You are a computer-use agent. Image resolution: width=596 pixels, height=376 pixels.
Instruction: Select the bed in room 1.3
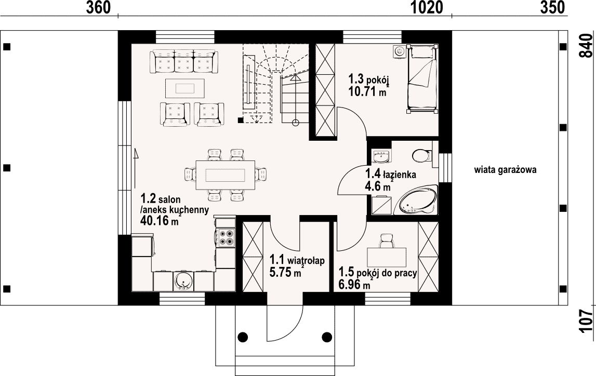point(422,78)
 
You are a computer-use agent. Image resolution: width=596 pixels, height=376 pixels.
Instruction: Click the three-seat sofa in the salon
point(184,61)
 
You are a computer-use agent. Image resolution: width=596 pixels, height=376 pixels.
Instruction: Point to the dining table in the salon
point(226,174)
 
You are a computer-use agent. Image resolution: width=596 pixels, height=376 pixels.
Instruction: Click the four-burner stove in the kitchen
point(226,238)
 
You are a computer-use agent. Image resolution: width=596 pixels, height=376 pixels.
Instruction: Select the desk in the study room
point(386,257)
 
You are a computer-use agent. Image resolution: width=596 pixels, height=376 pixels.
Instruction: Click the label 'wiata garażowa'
point(505,170)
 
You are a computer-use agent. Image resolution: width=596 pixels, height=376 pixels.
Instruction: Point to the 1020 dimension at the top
point(427,7)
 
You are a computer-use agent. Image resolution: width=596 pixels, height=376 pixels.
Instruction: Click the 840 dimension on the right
point(586,46)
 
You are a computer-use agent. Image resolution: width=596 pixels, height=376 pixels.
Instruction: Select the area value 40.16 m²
point(160,220)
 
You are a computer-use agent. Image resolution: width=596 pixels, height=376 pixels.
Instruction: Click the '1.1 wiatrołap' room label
point(297,260)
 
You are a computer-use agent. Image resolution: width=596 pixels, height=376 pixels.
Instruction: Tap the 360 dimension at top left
point(98,7)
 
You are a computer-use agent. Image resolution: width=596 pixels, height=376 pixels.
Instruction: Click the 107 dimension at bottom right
point(586,321)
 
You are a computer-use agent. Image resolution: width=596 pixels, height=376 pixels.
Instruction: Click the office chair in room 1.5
point(386,240)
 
